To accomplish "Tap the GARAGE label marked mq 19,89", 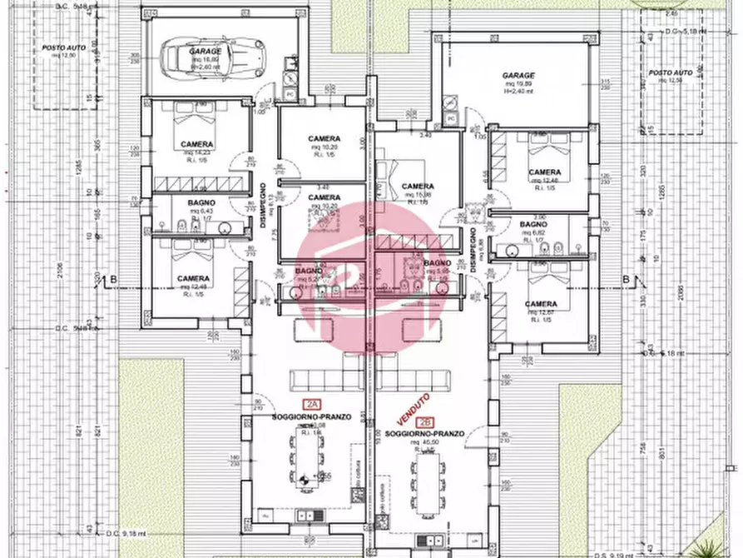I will pyautogui.click(x=518, y=76).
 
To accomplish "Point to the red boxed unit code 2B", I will pyautogui.click(x=428, y=422).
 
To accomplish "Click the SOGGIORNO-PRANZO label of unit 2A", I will pyautogui.click(x=312, y=416).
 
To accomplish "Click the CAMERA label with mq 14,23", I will pyautogui.click(x=197, y=144).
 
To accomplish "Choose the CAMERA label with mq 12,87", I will pyautogui.click(x=542, y=304).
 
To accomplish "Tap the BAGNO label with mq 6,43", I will pyautogui.click(x=201, y=202).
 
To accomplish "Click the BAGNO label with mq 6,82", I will pyautogui.click(x=533, y=225).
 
